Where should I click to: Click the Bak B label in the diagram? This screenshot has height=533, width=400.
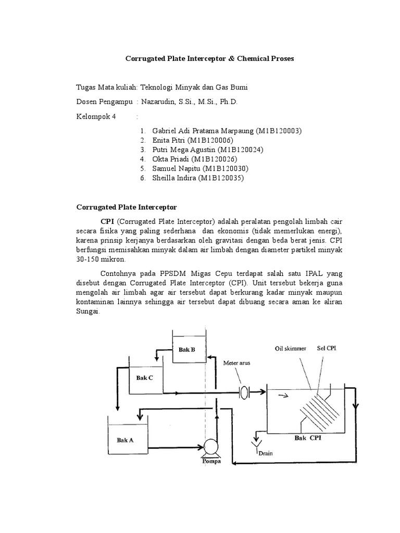pos(186,350)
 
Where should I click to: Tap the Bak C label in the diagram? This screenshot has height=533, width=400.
pos(145,378)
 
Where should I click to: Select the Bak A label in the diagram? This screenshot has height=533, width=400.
pos(125,440)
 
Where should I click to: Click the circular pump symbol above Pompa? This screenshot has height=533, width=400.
pos(211,446)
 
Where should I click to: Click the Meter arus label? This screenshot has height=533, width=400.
pos(237,363)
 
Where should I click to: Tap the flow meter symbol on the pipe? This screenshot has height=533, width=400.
pos(244,392)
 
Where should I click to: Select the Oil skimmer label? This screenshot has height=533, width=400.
pos(291,349)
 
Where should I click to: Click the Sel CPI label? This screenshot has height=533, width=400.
pos(327,348)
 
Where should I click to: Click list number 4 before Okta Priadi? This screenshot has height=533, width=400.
pos(142,159)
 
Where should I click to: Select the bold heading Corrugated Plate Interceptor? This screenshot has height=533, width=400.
pos(127,207)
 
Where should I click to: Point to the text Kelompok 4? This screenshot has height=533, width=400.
pos(96,116)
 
